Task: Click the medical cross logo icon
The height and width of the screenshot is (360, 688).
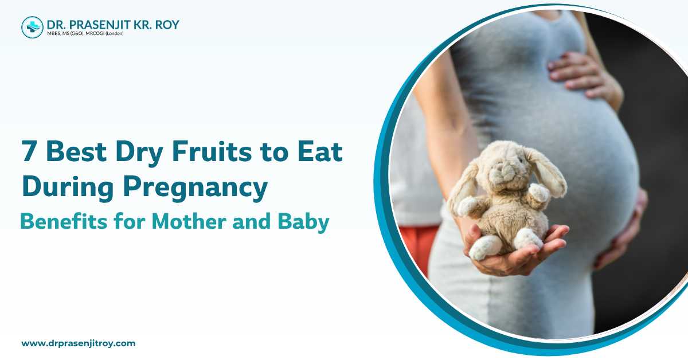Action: [32, 27]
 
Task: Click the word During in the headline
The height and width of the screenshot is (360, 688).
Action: [65, 187]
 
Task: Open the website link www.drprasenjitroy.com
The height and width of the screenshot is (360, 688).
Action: [79, 343]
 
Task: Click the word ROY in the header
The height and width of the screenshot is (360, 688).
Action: [166, 24]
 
